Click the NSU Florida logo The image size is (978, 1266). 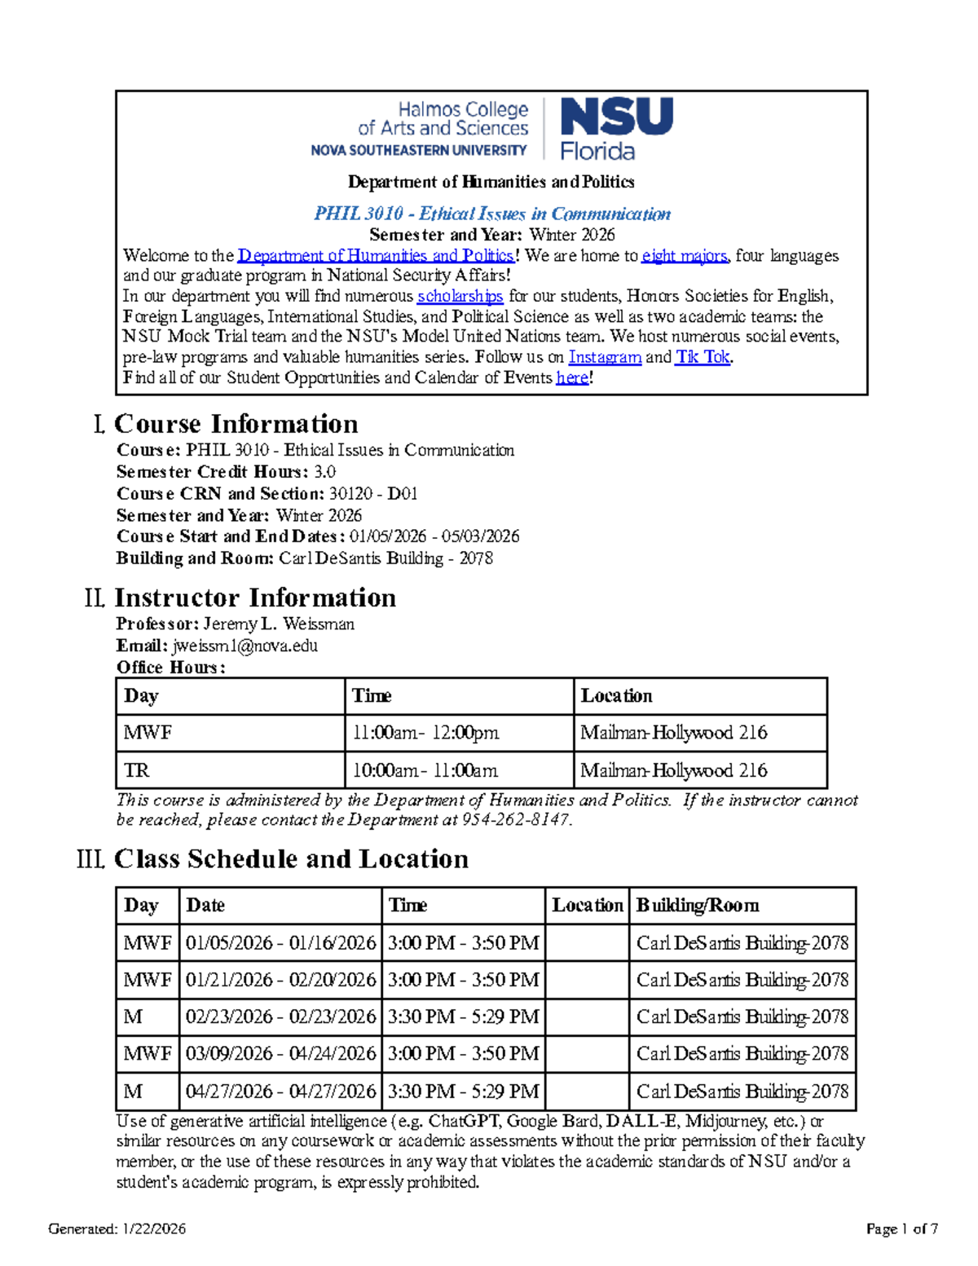pos(616,128)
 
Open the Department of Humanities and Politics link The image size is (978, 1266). pos(376,256)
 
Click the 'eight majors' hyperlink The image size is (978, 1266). pos(684,256)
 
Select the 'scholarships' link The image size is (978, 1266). pos(460,296)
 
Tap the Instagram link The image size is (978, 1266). pos(605,357)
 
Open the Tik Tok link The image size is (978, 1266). pos(703,357)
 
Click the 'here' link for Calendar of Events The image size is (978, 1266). pos(572,377)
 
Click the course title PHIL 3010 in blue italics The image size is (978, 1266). pos(492,214)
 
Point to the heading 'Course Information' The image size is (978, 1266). pos(236,424)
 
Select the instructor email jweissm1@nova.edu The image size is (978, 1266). pos(244,646)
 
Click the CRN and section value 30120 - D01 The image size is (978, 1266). pos(373,493)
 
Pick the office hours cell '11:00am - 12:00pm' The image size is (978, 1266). pos(425,733)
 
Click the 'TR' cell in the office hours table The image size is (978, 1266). pos(136,770)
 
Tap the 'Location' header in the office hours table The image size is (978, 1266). pos(616,696)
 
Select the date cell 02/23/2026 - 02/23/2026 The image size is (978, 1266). pos(280,1017)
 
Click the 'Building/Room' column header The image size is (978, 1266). pos(698,906)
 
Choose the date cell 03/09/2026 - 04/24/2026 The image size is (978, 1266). pos(280,1053)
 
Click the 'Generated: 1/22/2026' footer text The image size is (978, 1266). pos(117,1229)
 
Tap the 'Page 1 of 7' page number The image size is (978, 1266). pos(901,1229)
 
